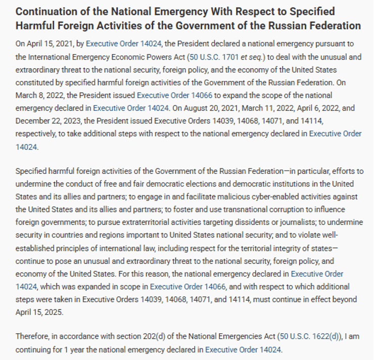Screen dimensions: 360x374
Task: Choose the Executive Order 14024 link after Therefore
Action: point(243,349)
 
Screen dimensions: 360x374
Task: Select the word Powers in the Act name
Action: point(141,56)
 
